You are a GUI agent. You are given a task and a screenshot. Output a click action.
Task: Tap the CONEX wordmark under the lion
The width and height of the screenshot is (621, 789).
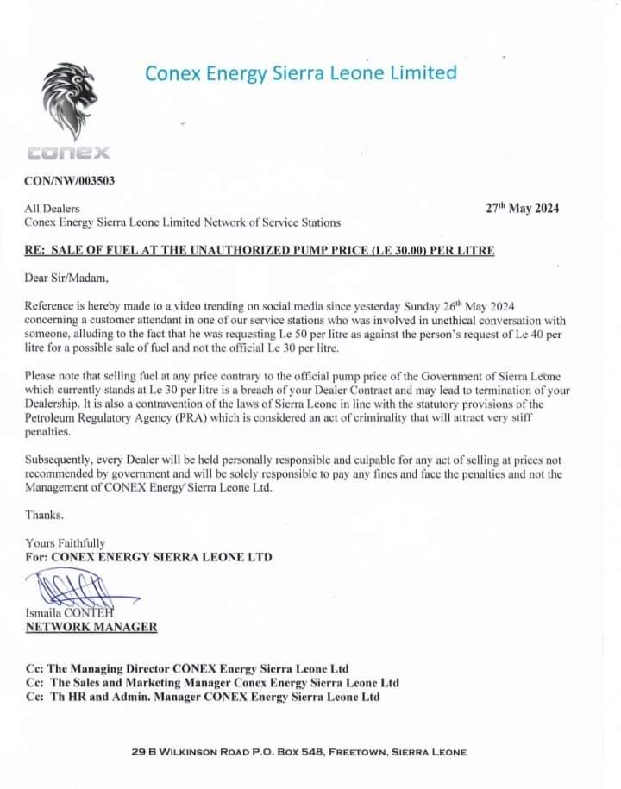tap(69, 153)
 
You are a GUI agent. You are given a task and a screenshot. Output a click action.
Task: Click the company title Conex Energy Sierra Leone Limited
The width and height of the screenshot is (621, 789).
tap(300, 73)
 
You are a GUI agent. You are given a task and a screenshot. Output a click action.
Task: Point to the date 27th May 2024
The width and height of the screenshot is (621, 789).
tap(522, 208)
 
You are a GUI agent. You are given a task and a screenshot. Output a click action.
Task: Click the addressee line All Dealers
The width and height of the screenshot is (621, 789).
tap(53, 208)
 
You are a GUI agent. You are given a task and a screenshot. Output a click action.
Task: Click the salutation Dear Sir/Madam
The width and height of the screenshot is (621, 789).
tap(68, 278)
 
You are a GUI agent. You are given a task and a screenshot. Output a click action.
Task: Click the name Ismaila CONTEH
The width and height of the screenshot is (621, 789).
tap(72, 613)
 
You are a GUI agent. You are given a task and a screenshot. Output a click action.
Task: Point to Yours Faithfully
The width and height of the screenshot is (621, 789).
tap(66, 543)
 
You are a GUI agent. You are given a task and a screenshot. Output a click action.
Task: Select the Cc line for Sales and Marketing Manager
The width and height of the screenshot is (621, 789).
tap(212, 682)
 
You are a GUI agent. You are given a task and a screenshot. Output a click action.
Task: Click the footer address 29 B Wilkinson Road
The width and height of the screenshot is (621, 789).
tap(298, 752)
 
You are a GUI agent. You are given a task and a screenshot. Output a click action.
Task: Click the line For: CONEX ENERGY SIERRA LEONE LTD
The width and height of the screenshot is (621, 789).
tap(148, 557)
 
